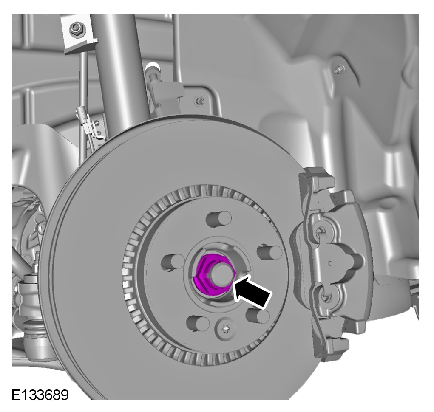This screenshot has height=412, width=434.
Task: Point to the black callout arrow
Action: pos(252,292)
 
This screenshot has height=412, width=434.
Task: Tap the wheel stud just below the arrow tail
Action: pos(258,316)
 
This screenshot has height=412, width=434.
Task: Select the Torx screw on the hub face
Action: pos(226,329)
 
